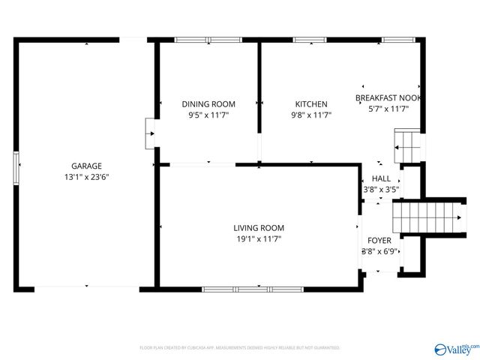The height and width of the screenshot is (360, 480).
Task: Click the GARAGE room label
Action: pos(86,166)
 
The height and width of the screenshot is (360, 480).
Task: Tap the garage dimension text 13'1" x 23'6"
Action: pos(86,177)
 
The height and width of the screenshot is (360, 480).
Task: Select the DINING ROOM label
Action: pos(208,104)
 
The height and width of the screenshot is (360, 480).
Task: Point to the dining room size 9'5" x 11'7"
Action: pos(208,115)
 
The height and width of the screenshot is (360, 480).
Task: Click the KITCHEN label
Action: pos(310,104)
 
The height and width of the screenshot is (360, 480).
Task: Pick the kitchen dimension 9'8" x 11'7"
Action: pos(310,115)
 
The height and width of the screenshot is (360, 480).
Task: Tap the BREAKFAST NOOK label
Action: pos(388,98)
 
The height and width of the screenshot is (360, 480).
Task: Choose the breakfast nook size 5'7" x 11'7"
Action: pos(388,109)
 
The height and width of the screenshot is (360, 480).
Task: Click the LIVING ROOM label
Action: pos(259,228)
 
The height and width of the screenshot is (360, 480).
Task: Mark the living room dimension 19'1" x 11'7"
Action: pos(259,239)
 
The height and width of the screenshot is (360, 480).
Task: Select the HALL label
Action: pos(381,178)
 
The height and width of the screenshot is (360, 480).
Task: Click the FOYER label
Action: pos(379,240)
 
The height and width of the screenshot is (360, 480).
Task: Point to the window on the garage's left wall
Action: pos(16,166)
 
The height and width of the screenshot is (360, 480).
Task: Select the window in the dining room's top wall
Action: pos(208,39)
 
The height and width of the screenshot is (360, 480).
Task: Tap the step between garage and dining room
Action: pos(150,133)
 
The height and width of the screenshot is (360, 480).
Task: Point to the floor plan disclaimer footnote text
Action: pos(240,348)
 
